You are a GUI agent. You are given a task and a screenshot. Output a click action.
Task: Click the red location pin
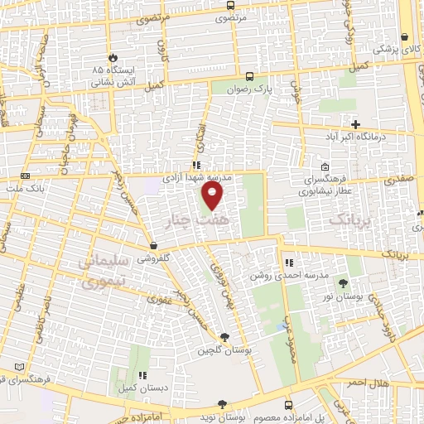coord(213,195)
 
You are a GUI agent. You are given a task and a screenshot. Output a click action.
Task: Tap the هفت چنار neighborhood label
coord(213,223)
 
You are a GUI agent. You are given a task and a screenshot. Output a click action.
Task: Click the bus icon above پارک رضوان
coord(250,75)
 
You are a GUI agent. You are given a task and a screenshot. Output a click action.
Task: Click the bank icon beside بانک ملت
coord(25,176)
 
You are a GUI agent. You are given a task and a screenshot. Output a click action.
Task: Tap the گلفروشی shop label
coord(153,257)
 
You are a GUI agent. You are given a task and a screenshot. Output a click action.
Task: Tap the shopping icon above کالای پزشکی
coord(404,37)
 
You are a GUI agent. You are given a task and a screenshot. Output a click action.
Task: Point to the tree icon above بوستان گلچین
coord(224,336)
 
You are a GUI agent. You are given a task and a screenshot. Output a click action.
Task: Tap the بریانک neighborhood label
coord(345,220)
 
